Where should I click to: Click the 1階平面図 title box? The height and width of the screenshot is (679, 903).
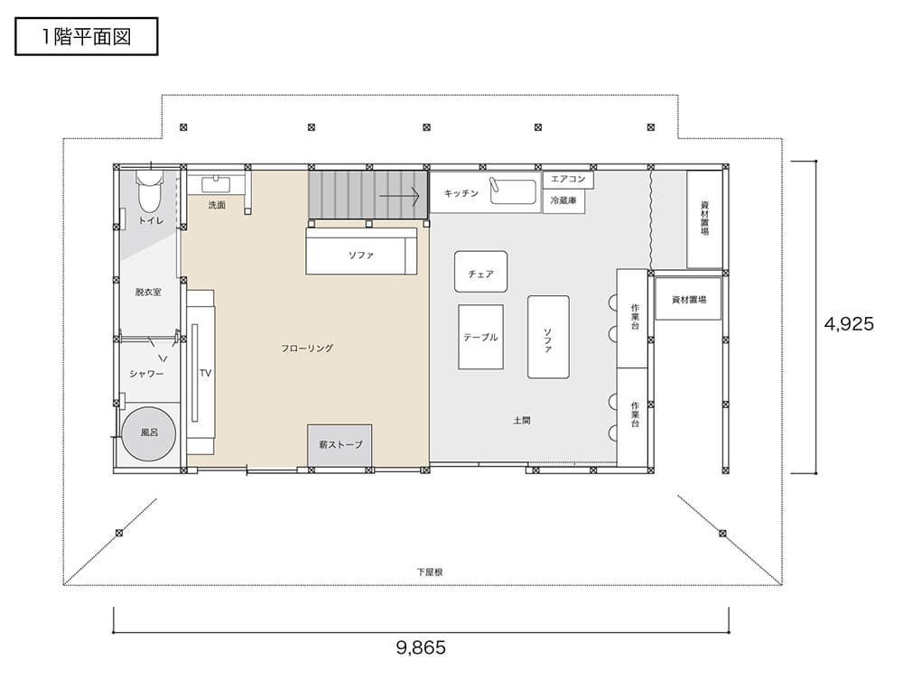click(x=87, y=36)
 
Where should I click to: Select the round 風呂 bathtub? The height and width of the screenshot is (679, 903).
click(x=149, y=433)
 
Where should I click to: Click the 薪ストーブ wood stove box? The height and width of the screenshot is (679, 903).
click(x=340, y=444)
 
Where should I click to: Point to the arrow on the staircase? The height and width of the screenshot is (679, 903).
click(x=399, y=196)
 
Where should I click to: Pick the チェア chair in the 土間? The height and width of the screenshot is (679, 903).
click(x=481, y=271)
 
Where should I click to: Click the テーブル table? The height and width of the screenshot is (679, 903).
click(x=481, y=337)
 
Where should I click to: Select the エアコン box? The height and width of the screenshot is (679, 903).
click(x=568, y=179)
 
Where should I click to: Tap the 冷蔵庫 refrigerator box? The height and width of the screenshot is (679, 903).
click(x=563, y=201)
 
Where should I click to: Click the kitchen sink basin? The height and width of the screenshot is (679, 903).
click(x=513, y=191)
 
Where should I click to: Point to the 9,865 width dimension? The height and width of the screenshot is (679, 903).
click(x=421, y=647)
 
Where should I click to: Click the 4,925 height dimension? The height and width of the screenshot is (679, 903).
click(x=849, y=323)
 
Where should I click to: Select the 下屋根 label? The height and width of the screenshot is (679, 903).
click(x=430, y=572)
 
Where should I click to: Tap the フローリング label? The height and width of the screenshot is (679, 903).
click(x=307, y=348)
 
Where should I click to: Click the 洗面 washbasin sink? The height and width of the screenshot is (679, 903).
click(x=216, y=185)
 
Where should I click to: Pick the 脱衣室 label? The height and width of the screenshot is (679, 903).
click(x=148, y=292)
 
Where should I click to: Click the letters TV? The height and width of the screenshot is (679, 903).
click(x=206, y=373)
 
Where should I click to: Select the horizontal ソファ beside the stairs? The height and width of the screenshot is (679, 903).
click(x=361, y=251)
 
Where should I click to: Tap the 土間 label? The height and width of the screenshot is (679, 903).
click(x=522, y=421)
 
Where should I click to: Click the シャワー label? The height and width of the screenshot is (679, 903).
click(x=146, y=374)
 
